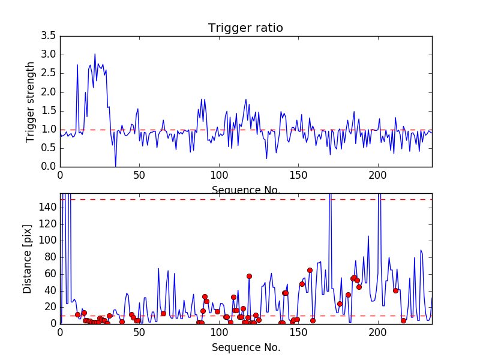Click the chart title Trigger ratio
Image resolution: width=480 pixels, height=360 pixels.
[x=245, y=28]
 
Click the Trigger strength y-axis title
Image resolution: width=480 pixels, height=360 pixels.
[x=31, y=101]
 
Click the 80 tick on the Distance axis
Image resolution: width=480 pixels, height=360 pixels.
[x=50, y=257]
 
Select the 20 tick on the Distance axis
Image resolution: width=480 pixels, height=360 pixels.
[x=50, y=307]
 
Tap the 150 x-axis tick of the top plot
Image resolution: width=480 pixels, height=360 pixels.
[x=298, y=175]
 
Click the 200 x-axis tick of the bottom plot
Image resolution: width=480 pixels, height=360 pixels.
[x=377, y=332]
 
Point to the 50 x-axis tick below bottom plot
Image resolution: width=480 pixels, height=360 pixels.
[x=139, y=332]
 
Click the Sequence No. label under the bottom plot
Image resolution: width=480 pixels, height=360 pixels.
[x=245, y=347]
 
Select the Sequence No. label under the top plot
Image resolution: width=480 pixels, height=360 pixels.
[x=245, y=190]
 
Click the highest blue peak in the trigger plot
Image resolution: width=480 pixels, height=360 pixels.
[x=95, y=54]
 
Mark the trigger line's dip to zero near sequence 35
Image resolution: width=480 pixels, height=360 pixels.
[x=115, y=166]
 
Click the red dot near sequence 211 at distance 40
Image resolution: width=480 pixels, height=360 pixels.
[x=395, y=290]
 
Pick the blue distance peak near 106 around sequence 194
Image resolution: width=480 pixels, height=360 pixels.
[x=368, y=236]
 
